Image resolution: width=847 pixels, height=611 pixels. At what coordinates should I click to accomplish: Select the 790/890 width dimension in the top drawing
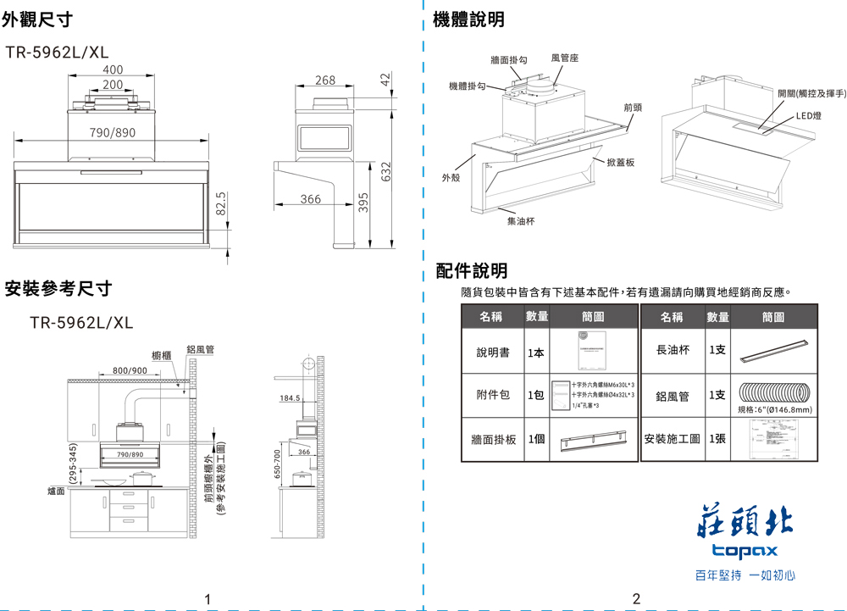point(112,133)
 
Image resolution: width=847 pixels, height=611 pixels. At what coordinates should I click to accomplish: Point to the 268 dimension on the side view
point(324,81)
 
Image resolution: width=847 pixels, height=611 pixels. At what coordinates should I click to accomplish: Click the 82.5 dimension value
point(221,204)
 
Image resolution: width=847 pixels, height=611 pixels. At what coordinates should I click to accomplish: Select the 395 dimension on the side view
point(363,203)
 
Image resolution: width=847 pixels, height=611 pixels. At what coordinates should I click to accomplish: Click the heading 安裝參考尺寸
point(58,289)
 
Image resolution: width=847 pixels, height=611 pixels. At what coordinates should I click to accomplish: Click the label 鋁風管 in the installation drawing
point(200,349)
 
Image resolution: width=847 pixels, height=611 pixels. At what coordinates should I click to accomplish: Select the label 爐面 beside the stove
point(57,491)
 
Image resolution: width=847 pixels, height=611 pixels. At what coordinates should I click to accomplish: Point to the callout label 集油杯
point(519,220)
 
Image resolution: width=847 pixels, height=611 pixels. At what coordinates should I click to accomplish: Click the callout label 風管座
point(564,58)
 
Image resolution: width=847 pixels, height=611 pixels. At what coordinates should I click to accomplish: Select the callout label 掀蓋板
point(619,161)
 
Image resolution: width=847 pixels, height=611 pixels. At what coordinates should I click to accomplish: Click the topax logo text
point(744,552)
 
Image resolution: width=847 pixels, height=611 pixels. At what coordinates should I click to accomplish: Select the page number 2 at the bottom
point(636,599)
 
